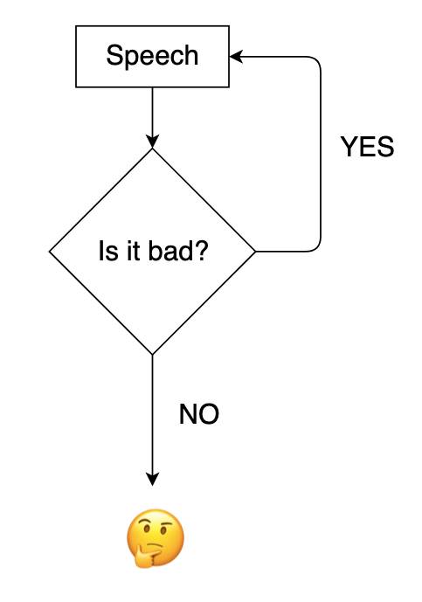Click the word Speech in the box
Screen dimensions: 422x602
pos(152,57)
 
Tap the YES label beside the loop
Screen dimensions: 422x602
pos(367,147)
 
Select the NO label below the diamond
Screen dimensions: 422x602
pos(199,414)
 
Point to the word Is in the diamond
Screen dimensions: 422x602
pos(105,251)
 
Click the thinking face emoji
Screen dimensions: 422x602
pos(156,538)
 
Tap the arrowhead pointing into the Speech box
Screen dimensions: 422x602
pos(235,57)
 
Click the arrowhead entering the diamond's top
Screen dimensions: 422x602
pos(152,142)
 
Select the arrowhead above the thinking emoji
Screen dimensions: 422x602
pos(152,480)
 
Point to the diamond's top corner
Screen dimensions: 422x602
pos(152,149)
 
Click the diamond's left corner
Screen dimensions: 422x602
pos(50,252)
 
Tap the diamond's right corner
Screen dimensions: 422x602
pos(255,252)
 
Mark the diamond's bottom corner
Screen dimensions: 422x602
pos(152,355)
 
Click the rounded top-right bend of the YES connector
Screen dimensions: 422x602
pos(317,60)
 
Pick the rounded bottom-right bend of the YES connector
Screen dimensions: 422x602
pos(317,248)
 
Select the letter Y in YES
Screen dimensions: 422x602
pos(349,147)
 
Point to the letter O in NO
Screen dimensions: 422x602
pos(210,414)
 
